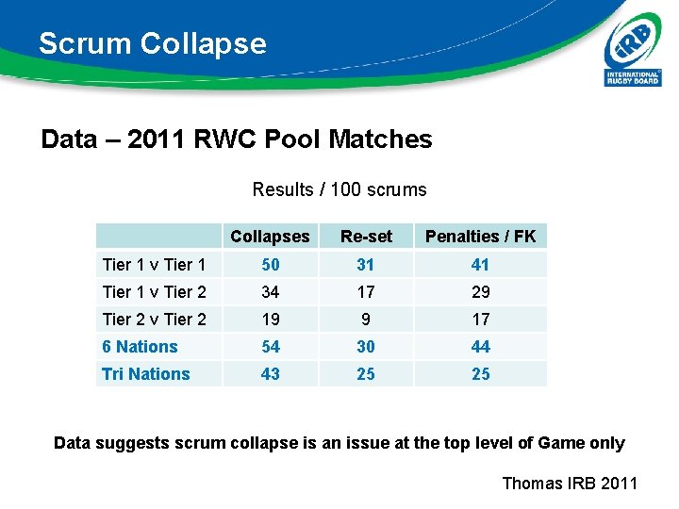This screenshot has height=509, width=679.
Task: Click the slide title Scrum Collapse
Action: pyautogui.click(x=153, y=43)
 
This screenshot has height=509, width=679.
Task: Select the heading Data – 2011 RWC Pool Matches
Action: pyautogui.click(x=237, y=140)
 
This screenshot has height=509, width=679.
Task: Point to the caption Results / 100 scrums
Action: pyautogui.click(x=339, y=189)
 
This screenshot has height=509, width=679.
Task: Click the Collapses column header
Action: pyautogui.click(x=270, y=237)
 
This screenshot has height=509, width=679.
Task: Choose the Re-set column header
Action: pyautogui.click(x=366, y=237)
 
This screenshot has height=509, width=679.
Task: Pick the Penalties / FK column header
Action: pyautogui.click(x=480, y=237)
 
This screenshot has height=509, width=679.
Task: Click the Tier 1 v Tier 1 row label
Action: pyautogui.click(x=154, y=265)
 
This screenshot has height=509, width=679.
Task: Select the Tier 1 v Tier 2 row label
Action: pyautogui.click(x=154, y=292)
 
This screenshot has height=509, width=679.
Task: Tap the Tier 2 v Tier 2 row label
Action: pyautogui.click(x=154, y=320)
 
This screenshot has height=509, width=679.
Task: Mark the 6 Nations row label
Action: pyautogui.click(x=140, y=347)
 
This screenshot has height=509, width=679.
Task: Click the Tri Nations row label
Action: pyautogui.click(x=146, y=374)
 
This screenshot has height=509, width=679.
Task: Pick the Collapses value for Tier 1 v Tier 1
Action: pyautogui.click(x=271, y=265)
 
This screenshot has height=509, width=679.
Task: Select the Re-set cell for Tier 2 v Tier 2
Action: pyautogui.click(x=366, y=320)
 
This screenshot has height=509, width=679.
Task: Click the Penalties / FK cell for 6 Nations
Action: pyautogui.click(x=481, y=347)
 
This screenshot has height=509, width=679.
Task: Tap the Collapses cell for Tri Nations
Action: pyautogui.click(x=271, y=374)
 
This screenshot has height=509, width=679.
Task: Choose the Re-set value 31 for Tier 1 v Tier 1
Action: pyautogui.click(x=366, y=265)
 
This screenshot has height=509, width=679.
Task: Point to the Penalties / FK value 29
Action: pyautogui.click(x=481, y=292)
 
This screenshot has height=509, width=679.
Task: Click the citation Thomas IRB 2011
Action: pyautogui.click(x=570, y=484)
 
